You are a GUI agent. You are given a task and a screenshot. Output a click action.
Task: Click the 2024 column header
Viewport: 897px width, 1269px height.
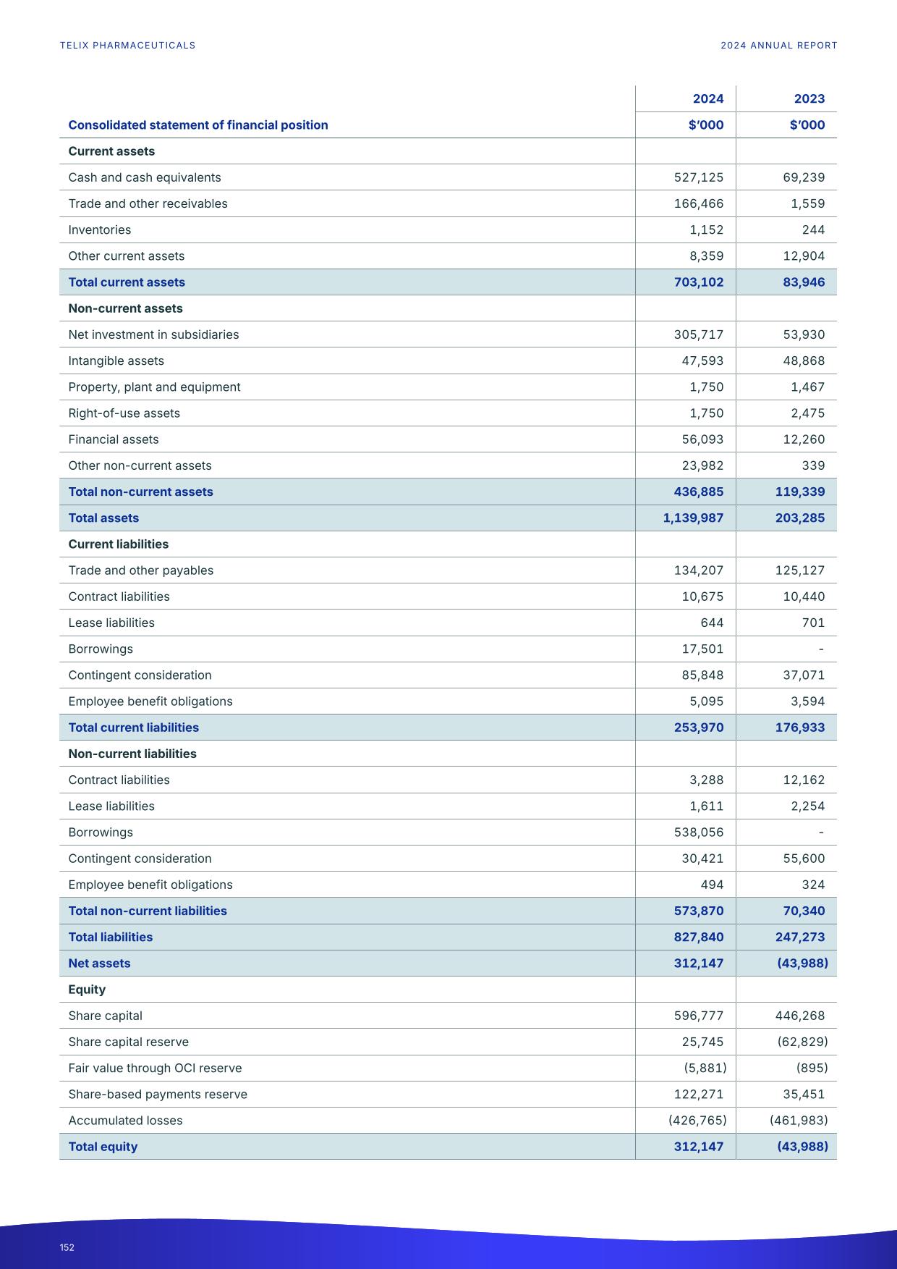pos(707,99)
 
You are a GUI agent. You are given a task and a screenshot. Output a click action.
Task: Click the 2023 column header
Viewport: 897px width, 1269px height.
pos(809,99)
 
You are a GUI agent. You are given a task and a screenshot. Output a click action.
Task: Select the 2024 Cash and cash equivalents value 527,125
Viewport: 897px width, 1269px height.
pos(698,177)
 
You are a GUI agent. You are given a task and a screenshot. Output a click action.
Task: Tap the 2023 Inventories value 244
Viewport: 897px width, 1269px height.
pos(813,230)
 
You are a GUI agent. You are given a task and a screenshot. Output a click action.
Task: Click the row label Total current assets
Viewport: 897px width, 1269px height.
pos(127,282)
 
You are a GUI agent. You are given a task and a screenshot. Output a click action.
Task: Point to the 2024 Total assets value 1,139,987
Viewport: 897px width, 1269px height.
pos(693,518)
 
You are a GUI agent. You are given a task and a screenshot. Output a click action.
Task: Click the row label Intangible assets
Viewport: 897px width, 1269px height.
pos(116,361)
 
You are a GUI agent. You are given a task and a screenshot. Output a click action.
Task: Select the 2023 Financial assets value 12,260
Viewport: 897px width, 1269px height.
pos(804,439)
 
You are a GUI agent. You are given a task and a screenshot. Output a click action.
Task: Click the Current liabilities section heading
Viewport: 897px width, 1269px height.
pos(118,544)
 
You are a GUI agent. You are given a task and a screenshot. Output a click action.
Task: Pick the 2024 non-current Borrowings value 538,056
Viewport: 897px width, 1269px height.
pos(698,832)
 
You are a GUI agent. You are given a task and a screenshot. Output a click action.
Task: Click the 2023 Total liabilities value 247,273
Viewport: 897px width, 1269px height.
pos(799,937)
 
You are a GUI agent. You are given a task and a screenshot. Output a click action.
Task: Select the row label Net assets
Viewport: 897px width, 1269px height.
pos(99,964)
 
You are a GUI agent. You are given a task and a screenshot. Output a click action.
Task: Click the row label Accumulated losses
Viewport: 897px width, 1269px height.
pos(125,1121)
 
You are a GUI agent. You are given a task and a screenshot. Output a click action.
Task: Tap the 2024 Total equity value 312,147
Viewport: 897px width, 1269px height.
pos(698,1147)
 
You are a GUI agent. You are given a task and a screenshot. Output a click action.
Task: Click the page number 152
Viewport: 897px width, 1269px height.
pos(67,1247)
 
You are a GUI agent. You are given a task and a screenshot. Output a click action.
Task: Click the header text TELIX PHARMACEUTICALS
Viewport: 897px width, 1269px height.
pos(127,46)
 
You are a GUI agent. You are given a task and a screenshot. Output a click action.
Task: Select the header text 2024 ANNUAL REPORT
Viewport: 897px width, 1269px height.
pos(778,46)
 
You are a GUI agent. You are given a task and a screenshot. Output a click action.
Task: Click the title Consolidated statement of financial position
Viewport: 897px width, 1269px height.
pos(197,125)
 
